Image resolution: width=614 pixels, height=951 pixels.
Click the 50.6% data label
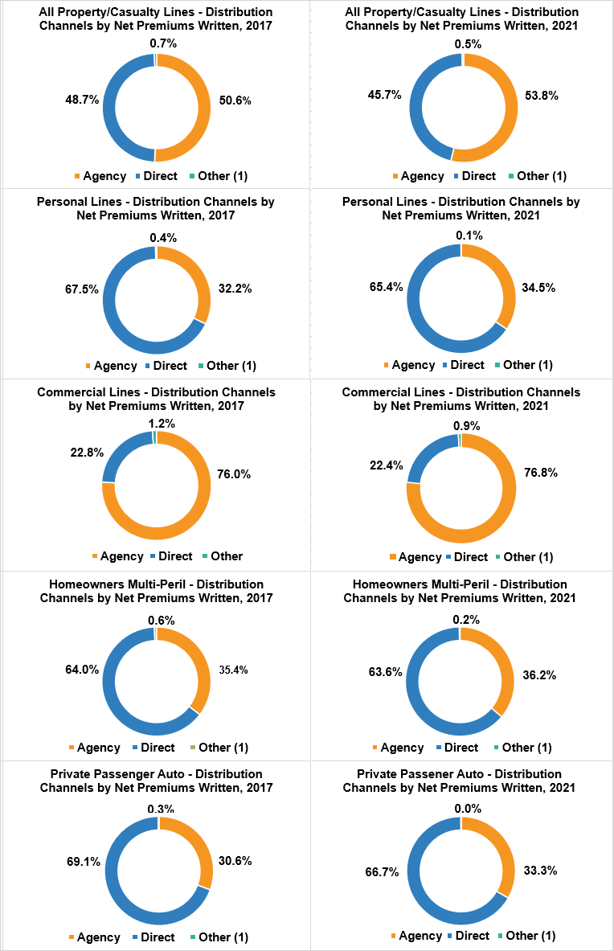point(235,100)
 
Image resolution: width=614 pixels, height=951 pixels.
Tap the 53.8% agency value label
point(542,95)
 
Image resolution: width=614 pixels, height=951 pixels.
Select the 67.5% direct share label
point(82,289)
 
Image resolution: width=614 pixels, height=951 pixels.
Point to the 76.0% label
point(234,474)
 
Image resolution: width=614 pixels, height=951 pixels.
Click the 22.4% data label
point(387,465)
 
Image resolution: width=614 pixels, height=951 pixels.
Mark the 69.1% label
point(84,862)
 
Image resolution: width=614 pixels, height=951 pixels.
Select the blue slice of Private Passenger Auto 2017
point(113,892)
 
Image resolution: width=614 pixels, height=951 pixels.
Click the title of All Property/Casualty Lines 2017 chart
point(156,18)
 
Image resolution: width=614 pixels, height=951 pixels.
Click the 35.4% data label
point(234,670)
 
